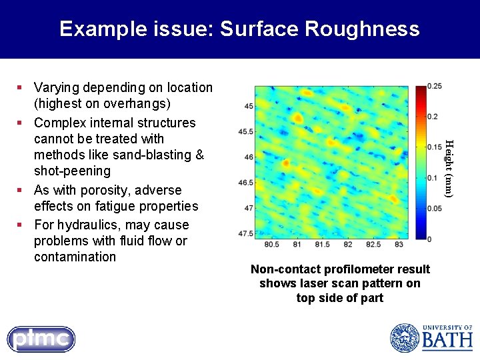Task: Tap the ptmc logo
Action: point(41,339)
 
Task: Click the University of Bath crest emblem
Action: point(403,338)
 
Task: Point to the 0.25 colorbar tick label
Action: point(434,87)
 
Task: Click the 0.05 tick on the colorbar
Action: point(434,208)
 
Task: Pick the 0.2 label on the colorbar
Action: point(432,117)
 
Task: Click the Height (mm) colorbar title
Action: point(449,168)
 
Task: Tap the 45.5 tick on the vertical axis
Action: point(245,132)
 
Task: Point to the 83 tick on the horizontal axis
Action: point(399,245)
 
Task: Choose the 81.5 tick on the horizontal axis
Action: point(322,245)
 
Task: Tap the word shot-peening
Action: point(72,171)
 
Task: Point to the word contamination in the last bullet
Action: point(75,257)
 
